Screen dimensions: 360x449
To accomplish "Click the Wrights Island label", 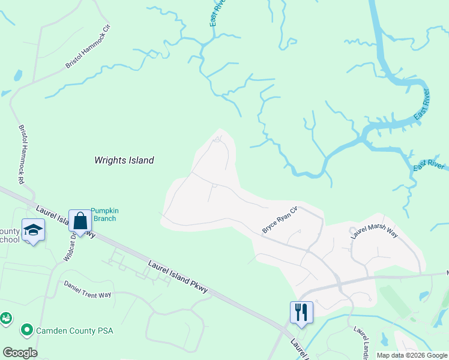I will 124,160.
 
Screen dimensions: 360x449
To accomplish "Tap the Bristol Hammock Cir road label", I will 89,46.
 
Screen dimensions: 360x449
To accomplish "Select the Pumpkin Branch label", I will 103,214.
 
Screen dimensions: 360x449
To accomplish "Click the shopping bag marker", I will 79,221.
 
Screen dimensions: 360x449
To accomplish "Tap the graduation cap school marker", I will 33,230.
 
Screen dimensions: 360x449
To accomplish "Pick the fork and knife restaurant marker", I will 301,312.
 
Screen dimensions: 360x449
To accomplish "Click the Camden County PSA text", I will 75,331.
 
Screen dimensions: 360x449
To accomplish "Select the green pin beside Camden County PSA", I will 26,330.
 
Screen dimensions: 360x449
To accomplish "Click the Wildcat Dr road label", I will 71,246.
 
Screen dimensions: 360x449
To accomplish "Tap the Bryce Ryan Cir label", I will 280,220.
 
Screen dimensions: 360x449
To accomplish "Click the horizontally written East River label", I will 429,165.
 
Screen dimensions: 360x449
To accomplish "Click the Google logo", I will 20,353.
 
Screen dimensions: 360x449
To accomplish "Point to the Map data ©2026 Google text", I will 412,355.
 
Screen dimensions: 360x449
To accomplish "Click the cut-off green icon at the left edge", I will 5,318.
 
